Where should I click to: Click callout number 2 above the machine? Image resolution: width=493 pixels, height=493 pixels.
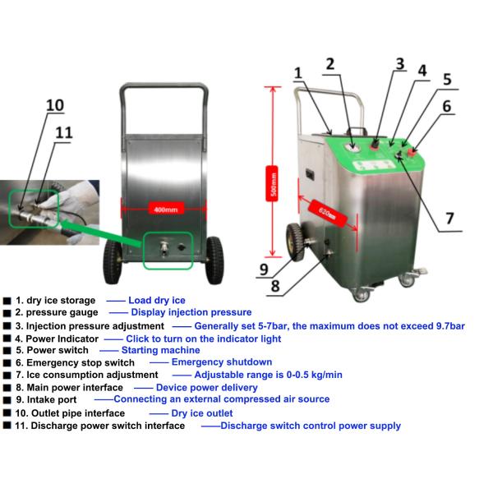329,63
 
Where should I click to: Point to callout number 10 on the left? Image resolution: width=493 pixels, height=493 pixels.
54,104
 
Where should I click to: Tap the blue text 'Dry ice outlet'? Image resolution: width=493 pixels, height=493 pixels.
201,412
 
